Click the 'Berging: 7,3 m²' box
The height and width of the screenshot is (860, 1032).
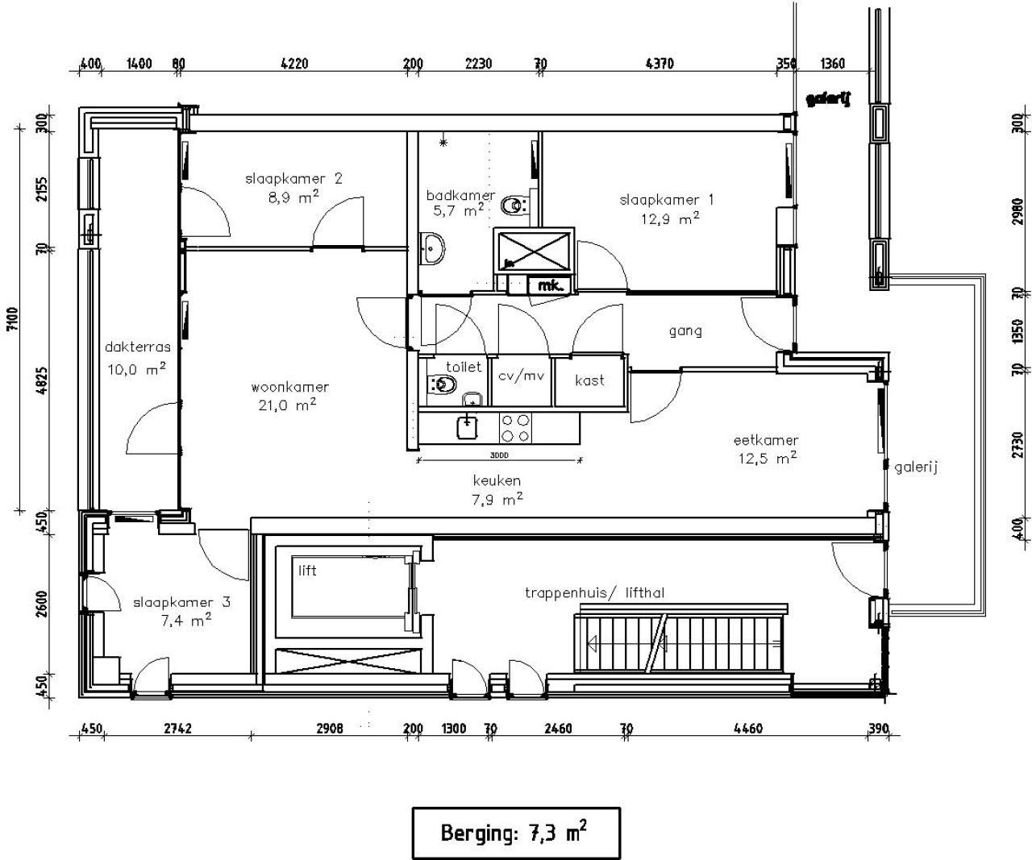click(516, 833)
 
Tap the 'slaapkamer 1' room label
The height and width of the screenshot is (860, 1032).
click(666, 200)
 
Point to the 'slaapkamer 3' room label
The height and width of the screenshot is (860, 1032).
click(174, 603)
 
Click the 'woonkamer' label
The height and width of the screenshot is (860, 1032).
click(289, 388)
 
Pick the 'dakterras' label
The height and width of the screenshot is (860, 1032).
click(138, 347)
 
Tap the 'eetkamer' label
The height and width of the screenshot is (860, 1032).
click(765, 441)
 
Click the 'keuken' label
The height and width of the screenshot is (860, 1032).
click(497, 481)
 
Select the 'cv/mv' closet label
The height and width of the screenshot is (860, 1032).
click(522, 376)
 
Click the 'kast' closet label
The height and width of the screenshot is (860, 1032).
click(589, 380)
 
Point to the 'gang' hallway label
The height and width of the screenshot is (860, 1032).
click(685, 330)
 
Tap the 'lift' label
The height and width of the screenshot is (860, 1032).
click(307, 571)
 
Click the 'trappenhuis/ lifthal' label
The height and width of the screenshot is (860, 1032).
click(595, 593)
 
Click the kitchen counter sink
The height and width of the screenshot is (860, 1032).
click(466, 426)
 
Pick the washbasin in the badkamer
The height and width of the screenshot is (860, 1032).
click(432, 249)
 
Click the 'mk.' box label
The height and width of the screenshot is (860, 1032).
click(550, 285)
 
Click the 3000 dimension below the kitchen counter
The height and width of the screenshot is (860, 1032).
click(498, 455)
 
